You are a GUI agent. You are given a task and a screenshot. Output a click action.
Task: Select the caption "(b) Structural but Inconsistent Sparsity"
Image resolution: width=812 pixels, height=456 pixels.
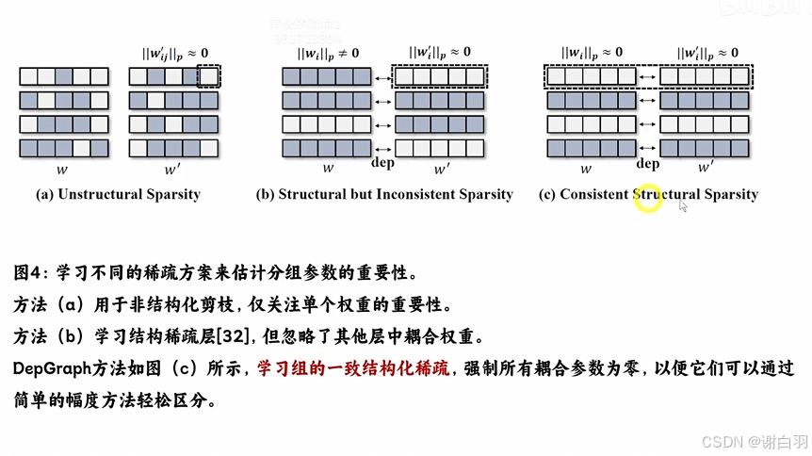[x=384, y=195]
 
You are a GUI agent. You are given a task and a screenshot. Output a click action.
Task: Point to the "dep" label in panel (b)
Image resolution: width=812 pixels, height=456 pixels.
[x=382, y=164]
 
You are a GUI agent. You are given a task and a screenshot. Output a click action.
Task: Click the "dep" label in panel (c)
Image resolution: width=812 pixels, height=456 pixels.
[x=647, y=164]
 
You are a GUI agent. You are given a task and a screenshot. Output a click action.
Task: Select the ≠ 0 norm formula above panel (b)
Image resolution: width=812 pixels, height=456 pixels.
[x=328, y=53]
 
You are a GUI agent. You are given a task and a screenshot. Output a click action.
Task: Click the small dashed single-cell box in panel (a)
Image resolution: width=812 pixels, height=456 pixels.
[x=208, y=75]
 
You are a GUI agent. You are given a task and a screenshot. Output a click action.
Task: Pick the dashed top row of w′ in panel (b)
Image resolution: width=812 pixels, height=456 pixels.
[x=438, y=75]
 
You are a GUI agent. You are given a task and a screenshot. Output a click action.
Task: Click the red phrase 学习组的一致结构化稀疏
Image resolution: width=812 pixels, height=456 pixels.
[x=355, y=367]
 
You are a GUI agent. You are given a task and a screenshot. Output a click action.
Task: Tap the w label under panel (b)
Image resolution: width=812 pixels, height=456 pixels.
[x=329, y=170]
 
